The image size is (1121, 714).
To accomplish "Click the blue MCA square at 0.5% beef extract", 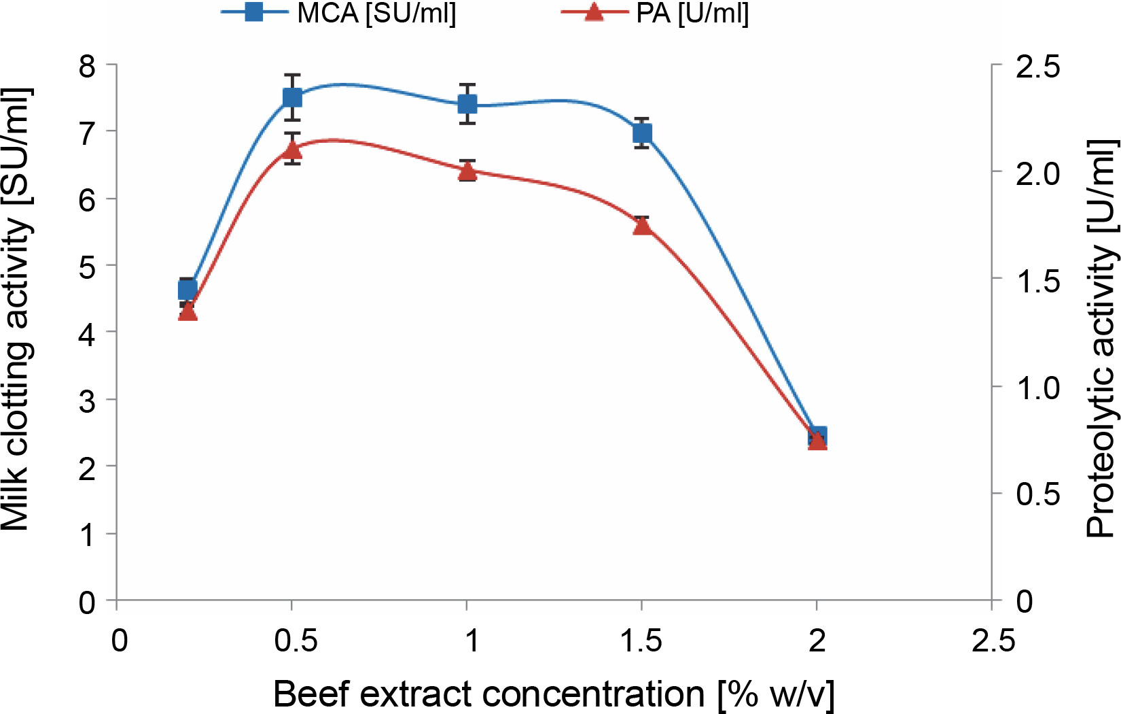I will click(292, 97).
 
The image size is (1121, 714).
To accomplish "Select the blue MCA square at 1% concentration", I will click(467, 104).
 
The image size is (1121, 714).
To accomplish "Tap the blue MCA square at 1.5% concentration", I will click(642, 133).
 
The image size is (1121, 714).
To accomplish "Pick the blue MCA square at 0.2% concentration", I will click(188, 290).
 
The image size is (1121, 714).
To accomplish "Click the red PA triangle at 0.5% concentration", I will click(292, 149).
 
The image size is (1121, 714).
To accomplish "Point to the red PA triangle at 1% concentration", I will click(467, 171).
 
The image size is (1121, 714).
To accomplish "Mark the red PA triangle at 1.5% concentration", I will click(642, 226).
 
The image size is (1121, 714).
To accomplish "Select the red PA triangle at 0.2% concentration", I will click(188, 312).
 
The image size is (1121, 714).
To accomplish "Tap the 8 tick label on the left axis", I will click(88, 67).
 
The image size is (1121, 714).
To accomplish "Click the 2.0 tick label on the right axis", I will click(1037, 173).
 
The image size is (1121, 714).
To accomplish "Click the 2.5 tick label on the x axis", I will click(993, 641).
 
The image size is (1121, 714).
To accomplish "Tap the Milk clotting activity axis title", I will click(16, 309).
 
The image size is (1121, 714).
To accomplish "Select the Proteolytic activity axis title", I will click(1101, 339).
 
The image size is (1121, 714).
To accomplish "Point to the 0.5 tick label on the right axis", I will click(1037, 495).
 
